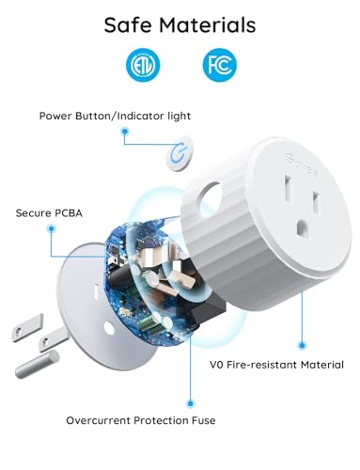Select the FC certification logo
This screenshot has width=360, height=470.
click(x=217, y=66)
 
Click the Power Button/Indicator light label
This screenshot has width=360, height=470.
click(x=115, y=117)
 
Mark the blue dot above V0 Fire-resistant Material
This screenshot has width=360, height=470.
click(x=301, y=344)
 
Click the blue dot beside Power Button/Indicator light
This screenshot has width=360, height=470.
click(x=124, y=133)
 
